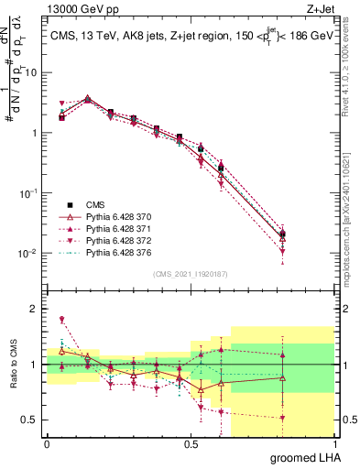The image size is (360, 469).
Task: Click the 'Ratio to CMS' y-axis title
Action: click(x=13, y=376)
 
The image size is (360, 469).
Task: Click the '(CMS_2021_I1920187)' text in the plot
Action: click(x=190, y=273)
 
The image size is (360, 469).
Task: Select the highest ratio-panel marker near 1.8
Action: click(x=61, y=320)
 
